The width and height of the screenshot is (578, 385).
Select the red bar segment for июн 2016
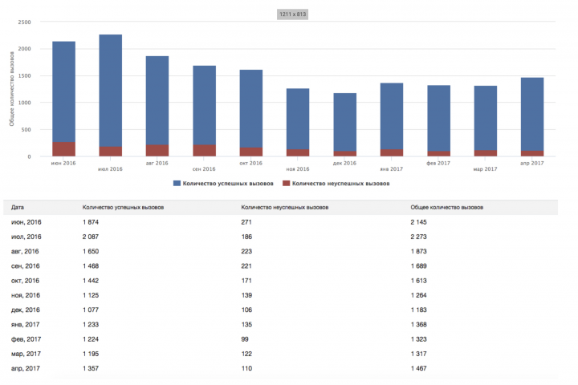tap(63, 149)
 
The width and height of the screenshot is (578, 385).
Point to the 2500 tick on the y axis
tap(24, 22)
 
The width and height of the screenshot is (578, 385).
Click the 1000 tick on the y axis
tap(24, 103)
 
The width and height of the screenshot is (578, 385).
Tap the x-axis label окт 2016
tap(250, 163)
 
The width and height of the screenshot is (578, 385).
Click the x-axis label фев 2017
tap(438, 163)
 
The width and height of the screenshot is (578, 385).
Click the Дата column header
tap(18, 207)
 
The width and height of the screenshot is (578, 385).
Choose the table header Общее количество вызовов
tap(448, 207)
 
